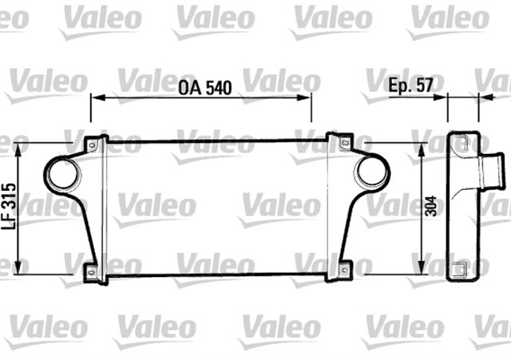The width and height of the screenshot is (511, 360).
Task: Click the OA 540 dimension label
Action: [x=200, y=89]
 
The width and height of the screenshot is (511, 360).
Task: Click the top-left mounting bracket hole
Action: [x=92, y=144]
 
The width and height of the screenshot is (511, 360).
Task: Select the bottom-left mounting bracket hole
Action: [x=92, y=272]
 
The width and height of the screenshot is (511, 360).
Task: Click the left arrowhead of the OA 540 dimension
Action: [x=94, y=97]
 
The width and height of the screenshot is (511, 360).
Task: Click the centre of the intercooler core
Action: [x=216, y=208]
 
